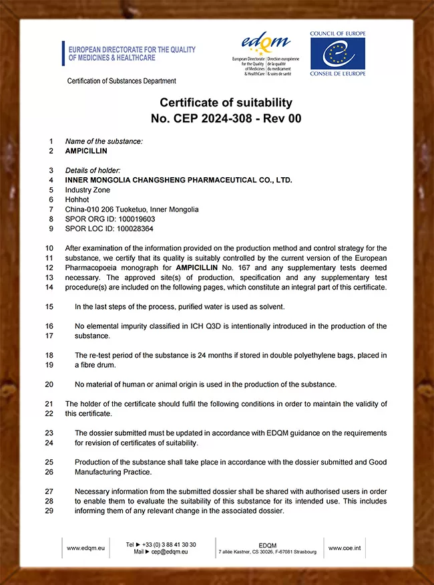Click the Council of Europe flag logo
(337, 53)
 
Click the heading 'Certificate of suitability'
(226, 102)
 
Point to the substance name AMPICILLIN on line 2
(86, 151)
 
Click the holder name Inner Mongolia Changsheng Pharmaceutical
(178, 180)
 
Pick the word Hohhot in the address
(77, 199)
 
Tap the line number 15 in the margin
(49, 307)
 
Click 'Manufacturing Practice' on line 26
(114, 472)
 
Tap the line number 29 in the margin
(49, 511)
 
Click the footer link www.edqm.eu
(85, 548)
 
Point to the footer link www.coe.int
(345, 548)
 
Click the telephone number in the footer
(170, 544)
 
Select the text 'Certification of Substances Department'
(122, 81)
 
